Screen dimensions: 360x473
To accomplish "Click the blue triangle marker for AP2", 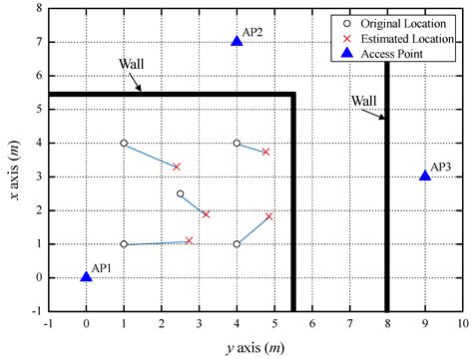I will [236, 41].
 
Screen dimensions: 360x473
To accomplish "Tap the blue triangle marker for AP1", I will [86, 276].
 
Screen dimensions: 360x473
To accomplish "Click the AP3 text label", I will [442, 167].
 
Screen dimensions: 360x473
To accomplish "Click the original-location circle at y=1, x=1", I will [124, 244].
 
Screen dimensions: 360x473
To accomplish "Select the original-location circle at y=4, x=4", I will [236, 143].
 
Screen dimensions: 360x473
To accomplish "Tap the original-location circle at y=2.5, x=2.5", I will [180, 193].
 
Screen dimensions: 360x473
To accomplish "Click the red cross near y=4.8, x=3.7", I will [265, 152].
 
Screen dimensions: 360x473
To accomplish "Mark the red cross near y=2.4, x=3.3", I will [177, 167].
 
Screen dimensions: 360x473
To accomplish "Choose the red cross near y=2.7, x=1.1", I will [189, 240].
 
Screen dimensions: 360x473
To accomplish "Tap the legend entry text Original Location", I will [407, 20].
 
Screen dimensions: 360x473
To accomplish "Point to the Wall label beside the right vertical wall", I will [364, 100].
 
